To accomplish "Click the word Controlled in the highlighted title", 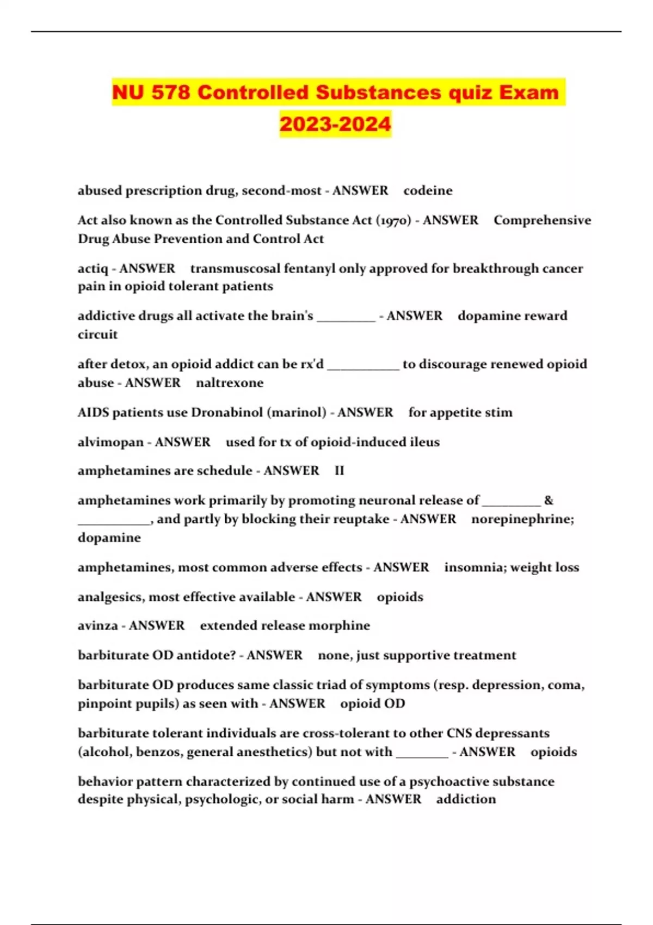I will [252, 92].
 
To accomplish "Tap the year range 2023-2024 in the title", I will [335, 124].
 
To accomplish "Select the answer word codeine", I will [428, 190].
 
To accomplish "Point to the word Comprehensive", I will [542, 220].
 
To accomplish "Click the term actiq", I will [93, 269].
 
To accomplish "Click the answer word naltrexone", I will [230, 383].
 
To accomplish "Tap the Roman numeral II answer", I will [340, 471].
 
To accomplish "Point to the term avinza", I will [97, 626].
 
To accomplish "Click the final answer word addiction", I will [466, 799].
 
